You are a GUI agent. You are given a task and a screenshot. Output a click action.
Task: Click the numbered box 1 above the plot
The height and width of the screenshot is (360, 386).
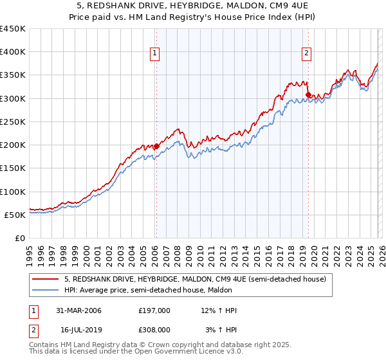156,53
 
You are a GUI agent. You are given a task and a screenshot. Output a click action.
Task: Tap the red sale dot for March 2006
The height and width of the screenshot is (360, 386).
156,147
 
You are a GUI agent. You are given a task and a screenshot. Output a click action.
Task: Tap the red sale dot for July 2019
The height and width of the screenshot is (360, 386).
308,95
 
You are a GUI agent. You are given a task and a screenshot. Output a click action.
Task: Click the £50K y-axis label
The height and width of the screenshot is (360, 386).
15,215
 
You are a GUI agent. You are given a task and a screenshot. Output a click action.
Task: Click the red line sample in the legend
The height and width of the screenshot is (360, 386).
46,279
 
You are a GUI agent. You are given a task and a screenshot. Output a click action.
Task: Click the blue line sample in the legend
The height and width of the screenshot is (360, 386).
46,290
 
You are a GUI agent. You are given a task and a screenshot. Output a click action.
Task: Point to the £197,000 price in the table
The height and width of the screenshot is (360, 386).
154,311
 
